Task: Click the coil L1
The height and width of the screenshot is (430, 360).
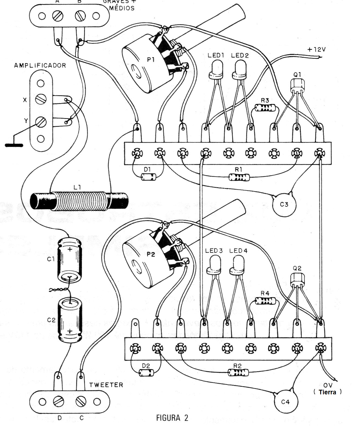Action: coord(79,201)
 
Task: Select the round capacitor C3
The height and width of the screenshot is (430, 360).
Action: coord(284,205)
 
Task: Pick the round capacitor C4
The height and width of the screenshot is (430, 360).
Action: coord(285,402)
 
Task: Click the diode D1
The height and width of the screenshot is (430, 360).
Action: coord(149,177)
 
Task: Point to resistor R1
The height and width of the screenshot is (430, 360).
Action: coord(239,177)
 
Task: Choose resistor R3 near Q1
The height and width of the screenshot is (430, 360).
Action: coord(266,108)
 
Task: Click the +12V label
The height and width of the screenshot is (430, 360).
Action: coord(316,50)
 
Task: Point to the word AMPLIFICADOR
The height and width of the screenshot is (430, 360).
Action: coord(40,66)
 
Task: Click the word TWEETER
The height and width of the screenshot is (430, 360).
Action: coord(106,385)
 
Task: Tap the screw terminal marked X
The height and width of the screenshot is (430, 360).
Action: coord(41,99)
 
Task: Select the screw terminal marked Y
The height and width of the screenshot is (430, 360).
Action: coord(41,122)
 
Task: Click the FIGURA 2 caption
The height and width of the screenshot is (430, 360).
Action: coord(172,418)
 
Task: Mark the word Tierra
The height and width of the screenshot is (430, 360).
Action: coord(327,392)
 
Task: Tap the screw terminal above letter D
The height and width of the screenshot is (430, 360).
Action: coord(59,402)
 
